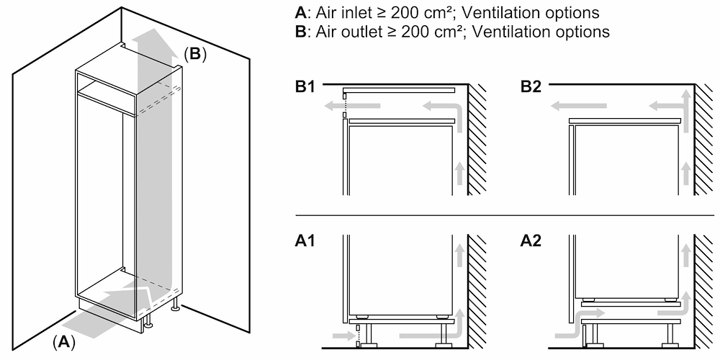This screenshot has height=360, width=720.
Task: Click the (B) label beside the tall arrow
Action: pyautogui.click(x=194, y=54)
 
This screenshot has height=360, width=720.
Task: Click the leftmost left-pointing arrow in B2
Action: pyautogui.click(x=569, y=107)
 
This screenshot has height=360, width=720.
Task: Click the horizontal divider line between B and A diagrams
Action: pyautogui.click(x=504, y=215)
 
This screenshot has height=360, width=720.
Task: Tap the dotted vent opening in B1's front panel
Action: pyautogui.click(x=345, y=104)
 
